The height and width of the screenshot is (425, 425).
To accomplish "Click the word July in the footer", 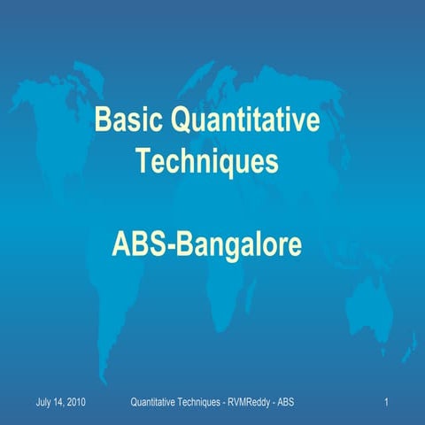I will pyautogui.click(x=44, y=404).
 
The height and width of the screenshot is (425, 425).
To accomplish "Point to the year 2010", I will pyautogui.click(x=77, y=404).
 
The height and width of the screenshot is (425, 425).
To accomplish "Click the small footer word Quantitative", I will pyautogui.click(x=155, y=404).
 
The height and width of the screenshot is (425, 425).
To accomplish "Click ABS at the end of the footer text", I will pyautogui.click(x=287, y=404).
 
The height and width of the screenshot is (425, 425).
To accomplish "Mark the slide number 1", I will pyautogui.click(x=388, y=404).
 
